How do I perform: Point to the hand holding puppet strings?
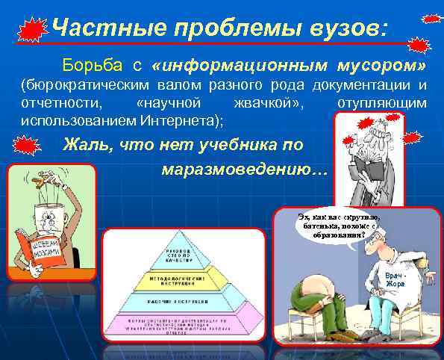[x=45, y=179]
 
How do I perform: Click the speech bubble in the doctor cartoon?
[x=328, y=224]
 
